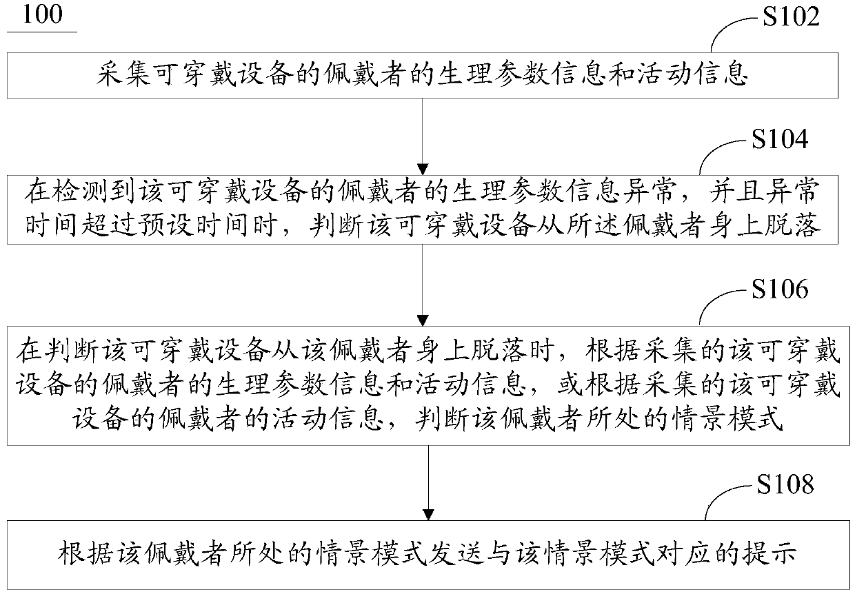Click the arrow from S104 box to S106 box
tap(424, 283)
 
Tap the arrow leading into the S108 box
tap(429, 482)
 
